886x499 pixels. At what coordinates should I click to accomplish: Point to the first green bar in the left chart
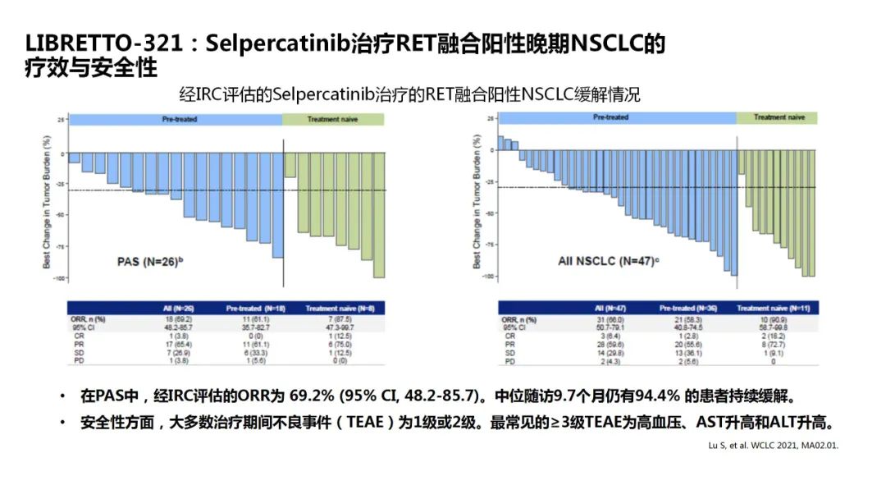(290, 165)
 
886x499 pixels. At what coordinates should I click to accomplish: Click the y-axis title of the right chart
(477, 202)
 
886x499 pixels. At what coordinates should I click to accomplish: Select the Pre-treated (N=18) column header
(254, 309)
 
